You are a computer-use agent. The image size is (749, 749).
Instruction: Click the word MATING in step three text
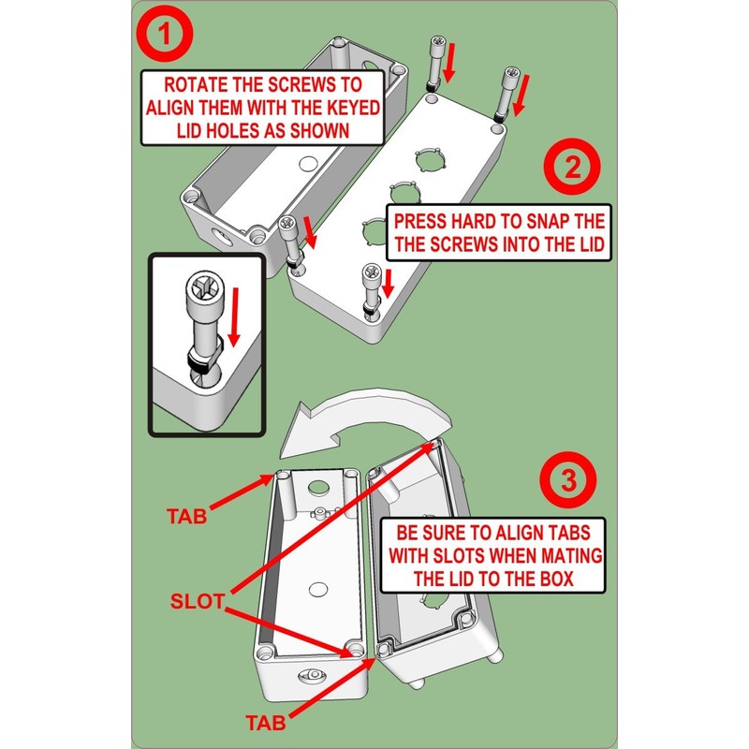click(569, 554)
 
